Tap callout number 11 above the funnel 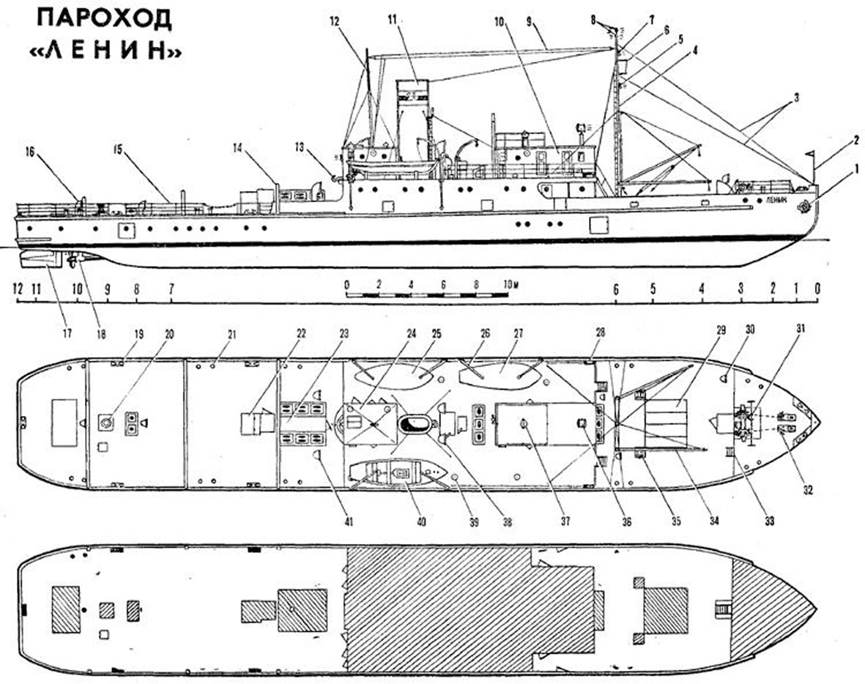[x=393, y=20]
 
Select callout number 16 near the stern [x=30, y=152]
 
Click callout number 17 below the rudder [x=67, y=334]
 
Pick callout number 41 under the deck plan [x=349, y=521]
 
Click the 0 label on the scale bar [x=346, y=285]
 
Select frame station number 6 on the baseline [x=616, y=289]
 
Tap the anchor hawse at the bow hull [x=803, y=207]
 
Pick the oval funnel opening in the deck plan [x=415, y=424]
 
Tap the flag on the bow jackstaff [x=810, y=153]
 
